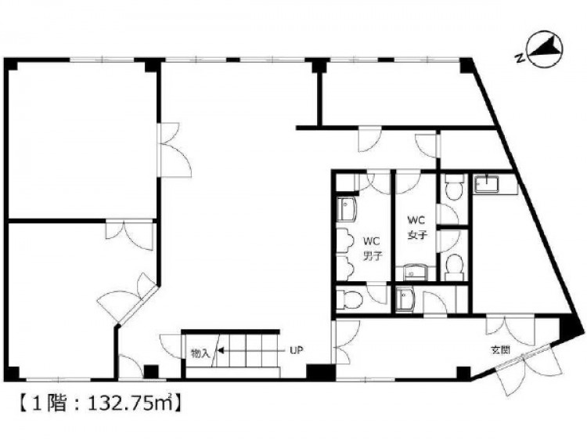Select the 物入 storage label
[200, 353]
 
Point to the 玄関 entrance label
[501, 350]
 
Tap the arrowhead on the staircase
[221, 351]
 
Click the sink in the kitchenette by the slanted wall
[487, 184]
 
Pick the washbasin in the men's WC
[347, 209]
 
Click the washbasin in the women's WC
[415, 272]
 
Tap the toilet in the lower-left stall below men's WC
[349, 299]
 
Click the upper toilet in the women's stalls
[452, 187]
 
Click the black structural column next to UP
[321, 372]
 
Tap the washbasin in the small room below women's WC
[404, 299]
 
